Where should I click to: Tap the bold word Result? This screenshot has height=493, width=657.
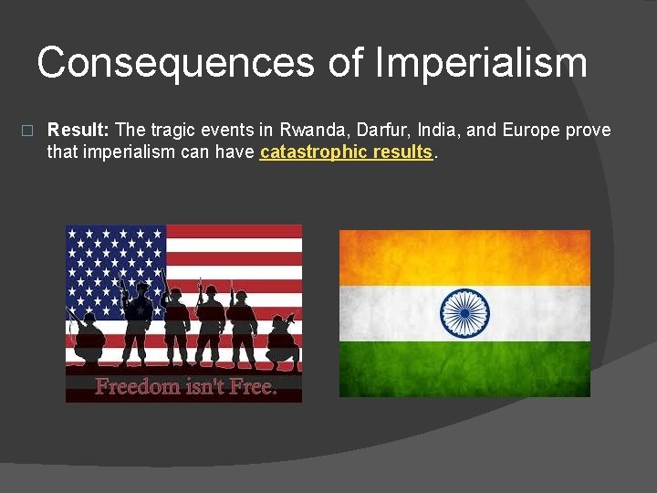point(78,130)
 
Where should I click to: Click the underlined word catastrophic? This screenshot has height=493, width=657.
point(314,152)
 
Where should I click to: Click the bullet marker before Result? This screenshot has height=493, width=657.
point(26,131)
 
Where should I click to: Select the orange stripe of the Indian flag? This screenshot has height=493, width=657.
point(464,257)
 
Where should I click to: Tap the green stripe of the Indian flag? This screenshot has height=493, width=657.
point(464,369)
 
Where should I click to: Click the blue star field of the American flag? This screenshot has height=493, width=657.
point(114,260)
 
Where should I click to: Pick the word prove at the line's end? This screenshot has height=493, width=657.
point(589,130)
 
